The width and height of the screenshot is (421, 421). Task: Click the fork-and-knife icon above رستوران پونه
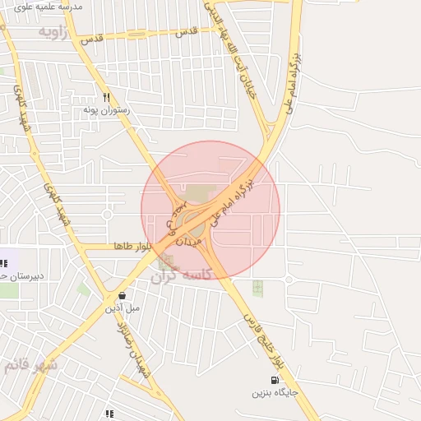(x=106, y=97)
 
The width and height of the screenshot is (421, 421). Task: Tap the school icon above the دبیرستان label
(x=3, y=263)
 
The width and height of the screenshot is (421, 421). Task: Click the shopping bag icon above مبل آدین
(x=122, y=295)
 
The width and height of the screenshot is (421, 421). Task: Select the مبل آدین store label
(x=122, y=308)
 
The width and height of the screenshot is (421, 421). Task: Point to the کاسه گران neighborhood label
(x=181, y=276)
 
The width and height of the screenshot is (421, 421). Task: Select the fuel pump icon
(x=274, y=380)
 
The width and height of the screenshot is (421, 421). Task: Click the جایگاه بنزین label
(x=275, y=393)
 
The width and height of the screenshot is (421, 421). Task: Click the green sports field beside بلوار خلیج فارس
(x=257, y=288)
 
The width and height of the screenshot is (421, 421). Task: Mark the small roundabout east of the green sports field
(x=289, y=280)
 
